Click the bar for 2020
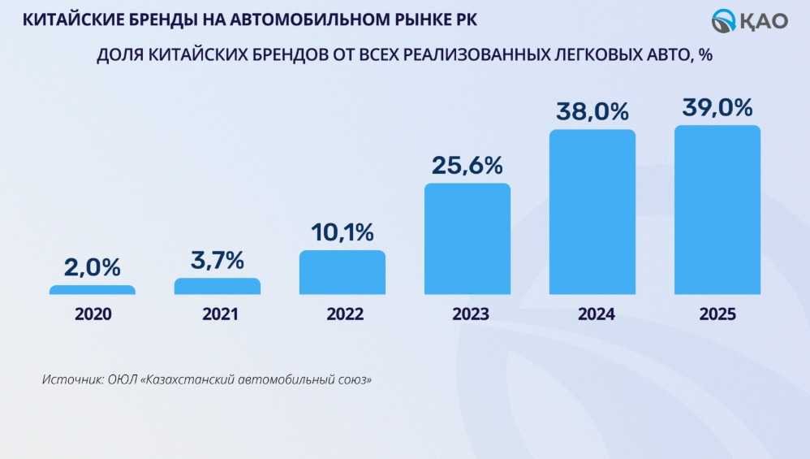pyautogui.click(x=93, y=289)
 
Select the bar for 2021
pyautogui.click(x=218, y=286)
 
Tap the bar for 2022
pyautogui.click(x=343, y=272)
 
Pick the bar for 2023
pyautogui.click(x=467, y=239)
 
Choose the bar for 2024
pyautogui.click(x=592, y=212)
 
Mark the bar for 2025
pyautogui.click(x=717, y=210)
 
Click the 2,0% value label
pyautogui.click(x=93, y=266)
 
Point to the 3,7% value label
pyautogui.click(x=218, y=260)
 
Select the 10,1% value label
pyautogui.click(x=343, y=232)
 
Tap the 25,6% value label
pyautogui.click(x=467, y=166)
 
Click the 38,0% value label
pyautogui.click(x=592, y=111)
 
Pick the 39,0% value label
pyautogui.click(x=717, y=107)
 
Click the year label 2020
pyautogui.click(x=93, y=314)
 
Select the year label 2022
pyautogui.click(x=343, y=314)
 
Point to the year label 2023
pyautogui.click(x=467, y=314)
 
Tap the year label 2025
pyautogui.click(x=717, y=314)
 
